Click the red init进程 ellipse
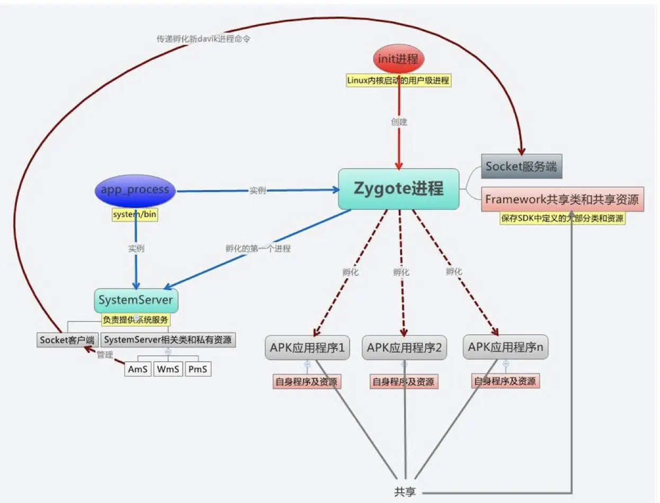coord(399,59)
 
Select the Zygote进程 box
coord(398,188)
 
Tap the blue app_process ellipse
coord(135,191)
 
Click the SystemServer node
coord(136,300)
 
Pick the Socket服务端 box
coord(521,166)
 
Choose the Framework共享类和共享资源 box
coord(562,199)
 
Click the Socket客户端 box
coord(67,339)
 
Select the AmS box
coord(138,369)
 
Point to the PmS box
coord(198,369)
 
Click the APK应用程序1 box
coord(307,348)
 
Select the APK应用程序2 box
coord(405,348)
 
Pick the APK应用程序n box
coord(505,348)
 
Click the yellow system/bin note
coord(135,214)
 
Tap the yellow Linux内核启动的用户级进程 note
coord(398,80)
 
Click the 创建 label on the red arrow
coord(399,122)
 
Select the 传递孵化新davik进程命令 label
coord(203,39)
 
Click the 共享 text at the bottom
coord(405,491)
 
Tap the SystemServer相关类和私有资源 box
coord(168,339)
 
